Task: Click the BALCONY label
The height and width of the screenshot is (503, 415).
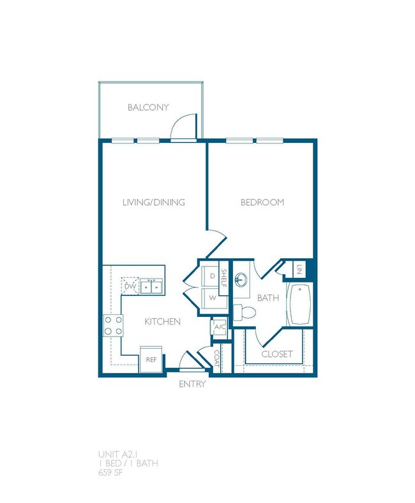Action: click(x=147, y=108)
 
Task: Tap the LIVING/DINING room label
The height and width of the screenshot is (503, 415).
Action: click(x=153, y=203)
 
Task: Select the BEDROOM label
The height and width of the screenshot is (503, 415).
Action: click(x=262, y=203)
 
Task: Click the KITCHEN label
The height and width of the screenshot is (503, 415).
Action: click(x=162, y=322)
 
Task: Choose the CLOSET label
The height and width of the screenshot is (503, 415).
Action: click(x=277, y=354)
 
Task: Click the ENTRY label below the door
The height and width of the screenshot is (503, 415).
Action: click(x=192, y=384)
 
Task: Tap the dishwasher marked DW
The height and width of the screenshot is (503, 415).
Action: click(x=130, y=287)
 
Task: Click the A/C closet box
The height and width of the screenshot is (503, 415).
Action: click(x=220, y=327)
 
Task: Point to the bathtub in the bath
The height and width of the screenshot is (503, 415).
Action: click(x=299, y=305)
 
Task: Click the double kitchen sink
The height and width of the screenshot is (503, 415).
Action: click(x=151, y=287)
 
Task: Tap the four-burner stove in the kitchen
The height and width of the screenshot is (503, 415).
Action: click(x=112, y=326)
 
